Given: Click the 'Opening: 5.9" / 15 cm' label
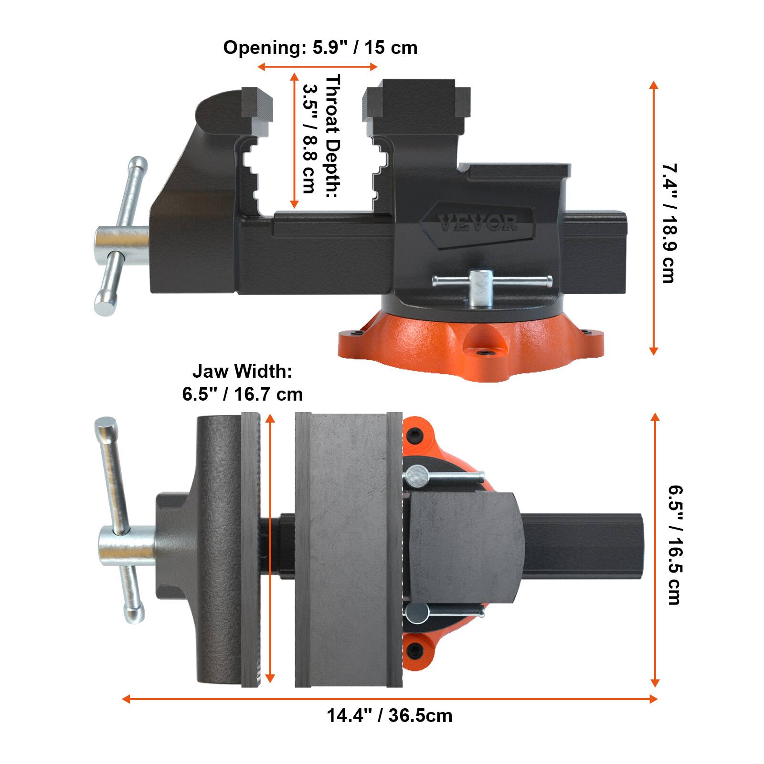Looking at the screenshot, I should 320,48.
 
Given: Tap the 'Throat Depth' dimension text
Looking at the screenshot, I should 322,134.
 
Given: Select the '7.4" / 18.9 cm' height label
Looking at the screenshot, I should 668,223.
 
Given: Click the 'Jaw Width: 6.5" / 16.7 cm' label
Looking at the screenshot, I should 242,382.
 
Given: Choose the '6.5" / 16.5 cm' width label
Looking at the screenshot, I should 674,545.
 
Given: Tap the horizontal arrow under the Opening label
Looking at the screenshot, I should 318,66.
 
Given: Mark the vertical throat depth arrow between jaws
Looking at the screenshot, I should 294,141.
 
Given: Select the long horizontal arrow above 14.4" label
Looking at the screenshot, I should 389,699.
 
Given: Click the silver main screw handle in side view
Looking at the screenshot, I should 119,236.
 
